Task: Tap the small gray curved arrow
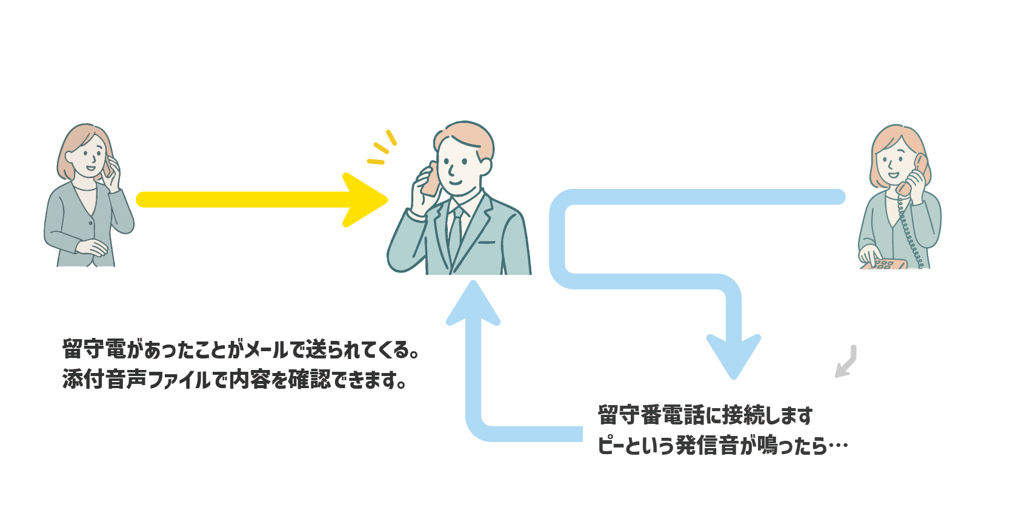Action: click(x=846, y=362)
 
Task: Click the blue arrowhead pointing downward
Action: click(x=734, y=356)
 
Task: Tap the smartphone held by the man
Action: click(x=430, y=179)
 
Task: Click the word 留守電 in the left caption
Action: click(x=94, y=349)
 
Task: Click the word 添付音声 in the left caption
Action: click(x=105, y=380)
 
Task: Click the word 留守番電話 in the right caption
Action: click(x=651, y=415)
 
